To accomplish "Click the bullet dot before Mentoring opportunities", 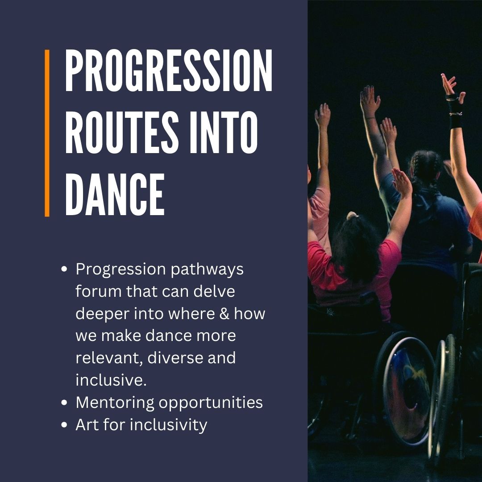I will coord(64,403).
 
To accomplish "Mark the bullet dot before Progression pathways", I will coord(64,270).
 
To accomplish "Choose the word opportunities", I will coord(211,403).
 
